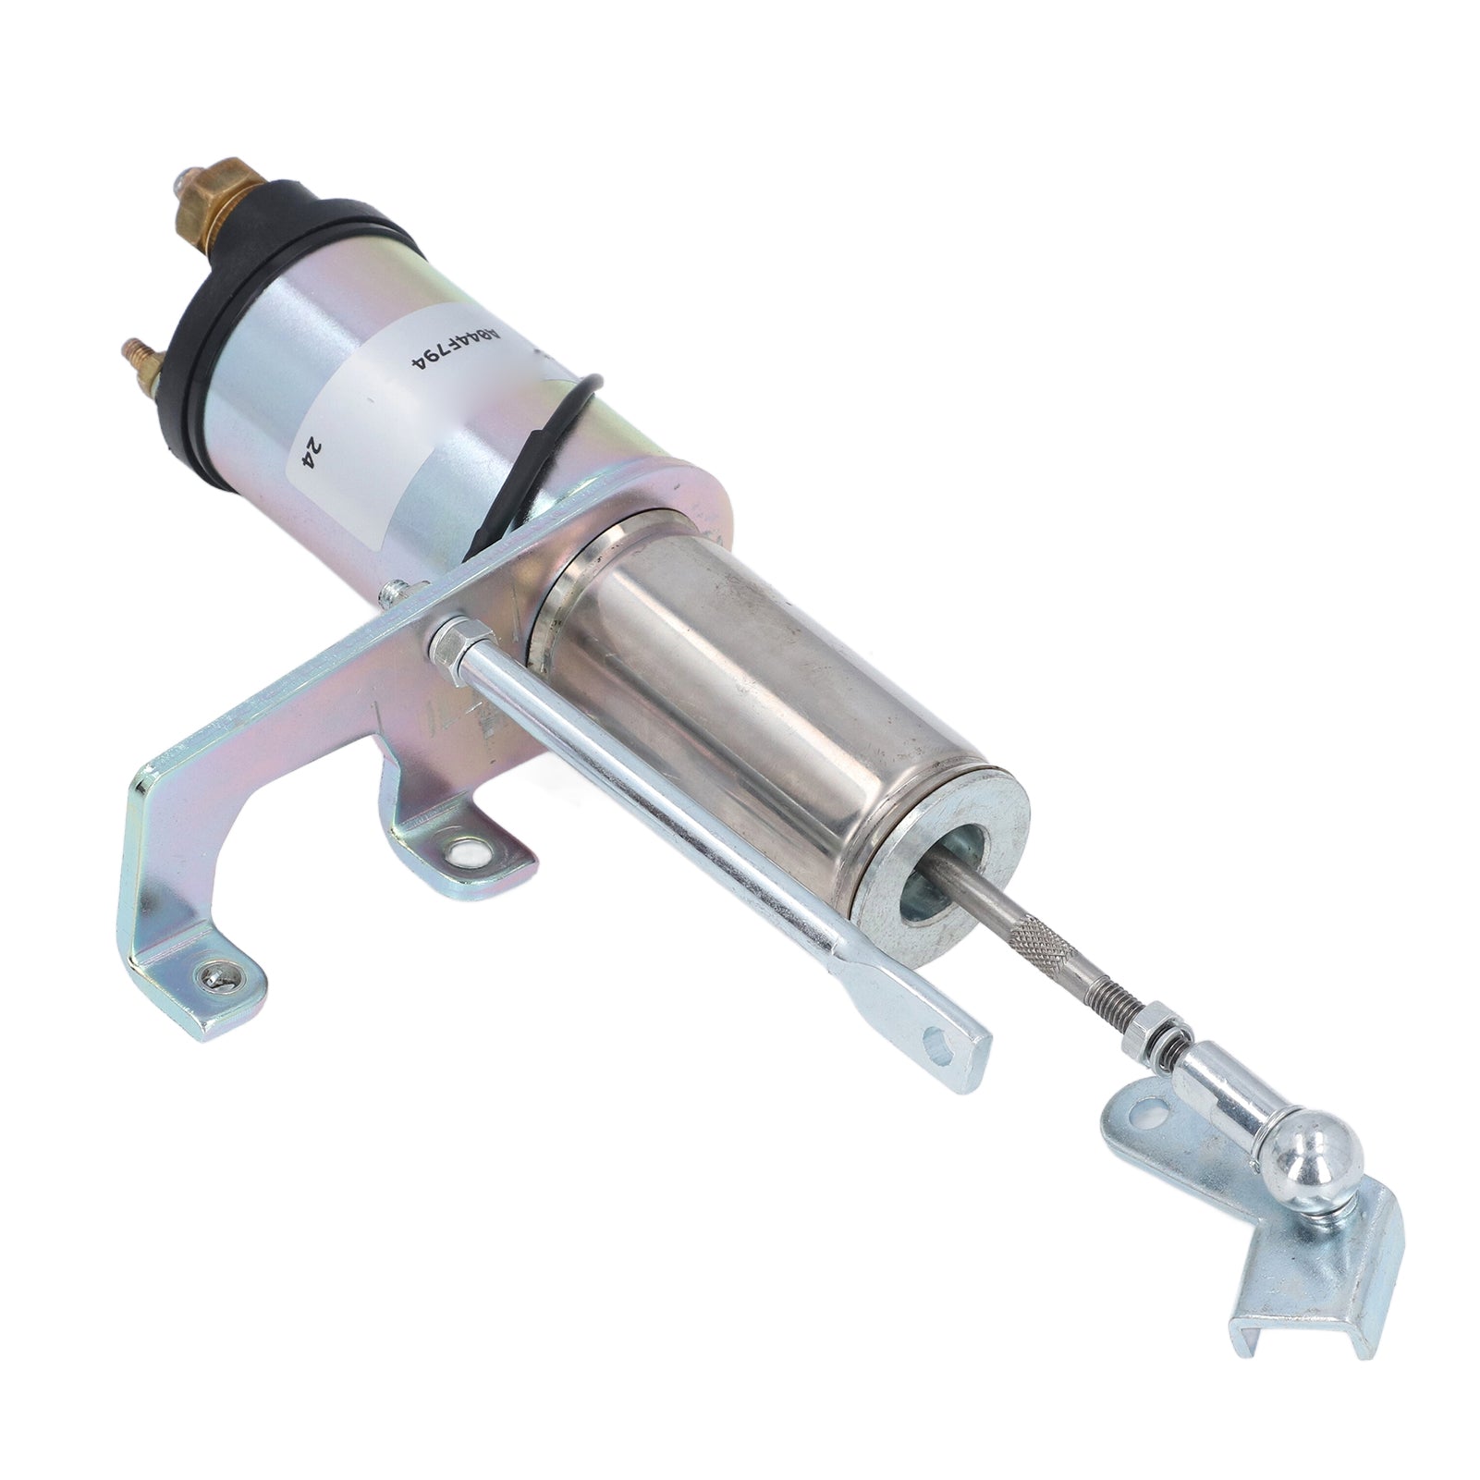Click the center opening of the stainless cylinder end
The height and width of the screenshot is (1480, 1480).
click(934, 860)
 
